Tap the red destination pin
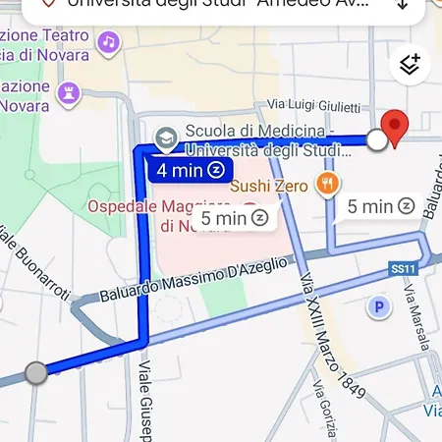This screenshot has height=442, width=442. coord(395,128)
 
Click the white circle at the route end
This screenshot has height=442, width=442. coord(377,140)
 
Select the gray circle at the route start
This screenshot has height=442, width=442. coord(35,372)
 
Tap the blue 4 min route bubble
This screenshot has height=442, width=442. coord(191,170)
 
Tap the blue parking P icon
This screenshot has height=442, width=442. coord(378,307)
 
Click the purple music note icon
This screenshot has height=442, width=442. coord(109,42)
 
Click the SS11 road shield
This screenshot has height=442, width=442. coord(403,267)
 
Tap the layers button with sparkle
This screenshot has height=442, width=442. coord(411,65)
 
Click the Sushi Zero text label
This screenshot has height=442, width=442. coord(271,183)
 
